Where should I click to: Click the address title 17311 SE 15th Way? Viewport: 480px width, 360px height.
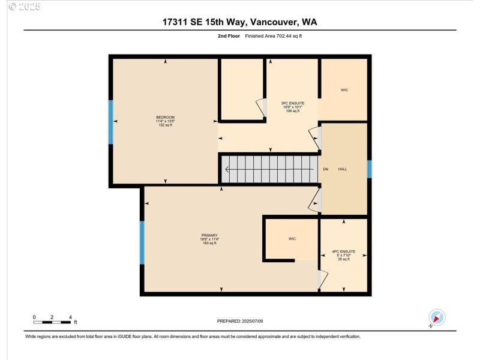tap(239, 22)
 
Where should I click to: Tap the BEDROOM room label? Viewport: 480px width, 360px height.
tap(165, 116)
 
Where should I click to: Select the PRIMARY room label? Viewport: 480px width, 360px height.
tap(209, 235)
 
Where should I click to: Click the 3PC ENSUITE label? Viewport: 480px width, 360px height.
tap(293, 103)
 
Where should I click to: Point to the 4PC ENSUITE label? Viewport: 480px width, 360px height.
tap(344, 251)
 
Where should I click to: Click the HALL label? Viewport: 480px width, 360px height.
tap(343, 169)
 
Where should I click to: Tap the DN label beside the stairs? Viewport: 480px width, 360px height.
tap(326, 169)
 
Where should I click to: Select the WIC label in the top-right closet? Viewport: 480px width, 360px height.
tap(344, 90)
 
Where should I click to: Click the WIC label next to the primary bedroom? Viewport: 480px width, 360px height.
tap(292, 239)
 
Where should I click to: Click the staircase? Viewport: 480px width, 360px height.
tap(269, 169)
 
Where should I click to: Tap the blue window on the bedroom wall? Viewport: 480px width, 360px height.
tap(111, 122)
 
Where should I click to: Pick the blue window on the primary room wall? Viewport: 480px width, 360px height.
tap(142, 242)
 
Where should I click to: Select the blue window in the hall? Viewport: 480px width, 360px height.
tap(369, 169)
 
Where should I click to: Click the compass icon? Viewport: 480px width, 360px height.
tap(436, 317)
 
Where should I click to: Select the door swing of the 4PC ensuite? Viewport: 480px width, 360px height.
tap(323, 279)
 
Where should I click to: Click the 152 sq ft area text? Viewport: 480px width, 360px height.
tap(165, 125)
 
